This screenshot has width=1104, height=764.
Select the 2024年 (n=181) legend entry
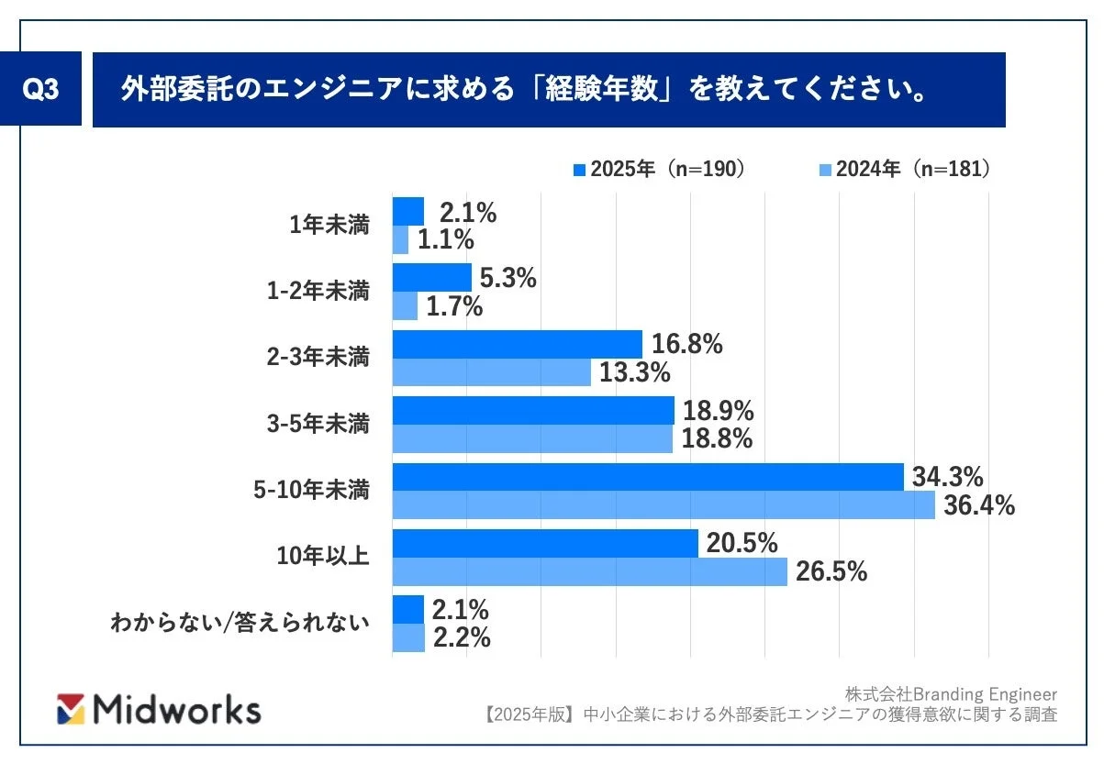(x=903, y=169)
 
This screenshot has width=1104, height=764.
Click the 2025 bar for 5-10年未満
(x=648, y=477)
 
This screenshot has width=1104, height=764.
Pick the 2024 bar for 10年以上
(x=589, y=572)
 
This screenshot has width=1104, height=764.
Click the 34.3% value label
(x=948, y=477)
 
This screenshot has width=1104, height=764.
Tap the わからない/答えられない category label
(x=240, y=623)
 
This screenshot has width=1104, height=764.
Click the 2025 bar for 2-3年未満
(x=517, y=344)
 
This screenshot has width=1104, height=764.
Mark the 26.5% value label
(x=831, y=572)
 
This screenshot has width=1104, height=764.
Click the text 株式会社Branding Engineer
(x=951, y=693)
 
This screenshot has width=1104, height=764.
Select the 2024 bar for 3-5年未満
(x=532, y=439)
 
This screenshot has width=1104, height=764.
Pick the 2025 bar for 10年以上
(x=545, y=543)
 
